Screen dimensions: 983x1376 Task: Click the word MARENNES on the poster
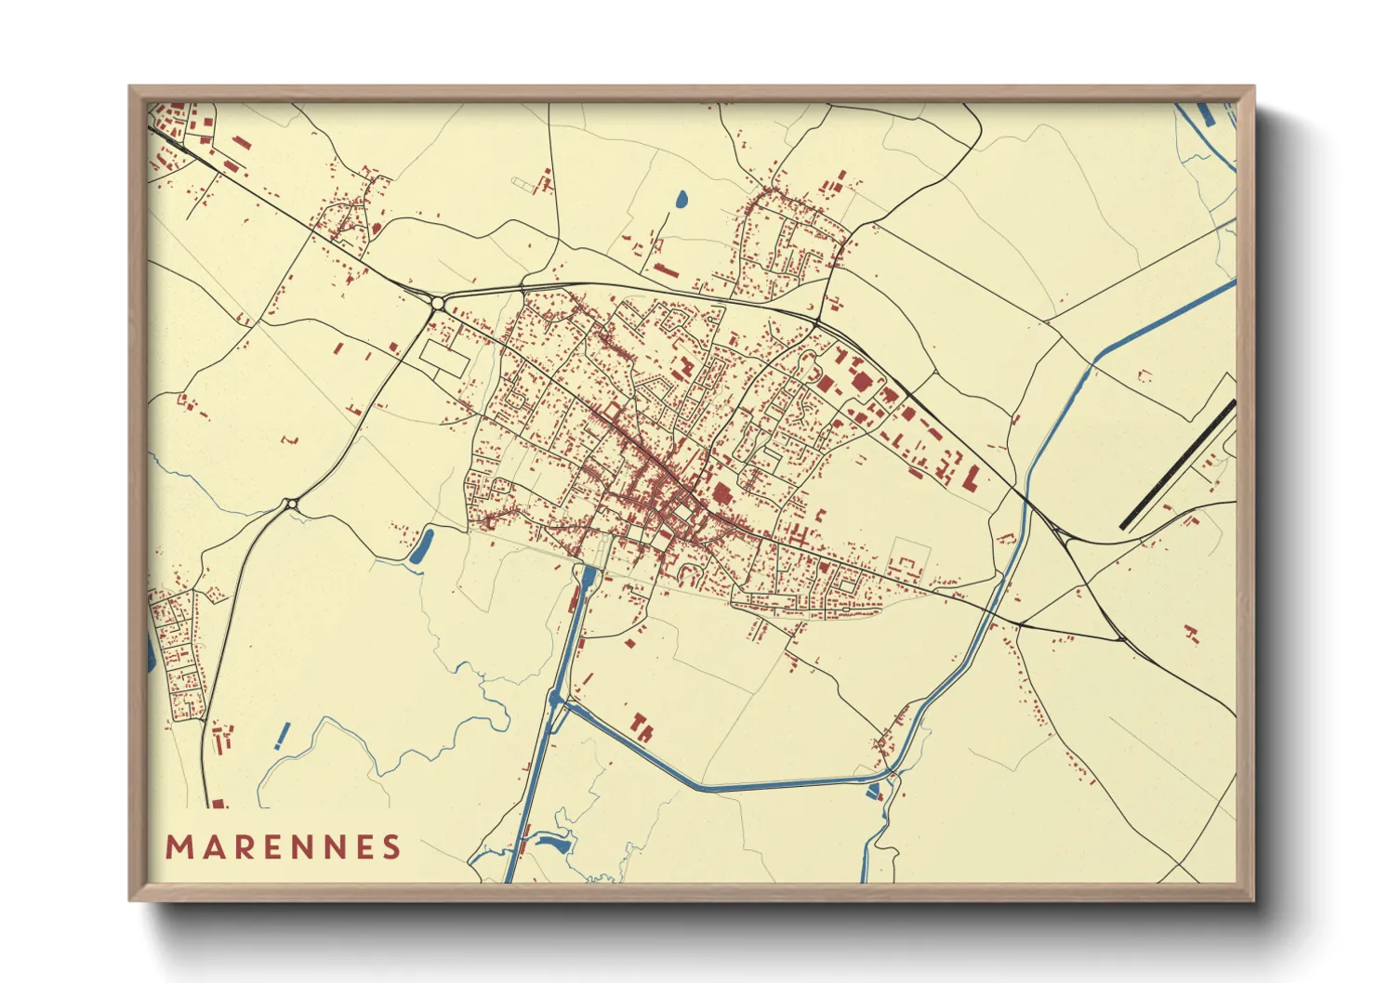click(x=284, y=846)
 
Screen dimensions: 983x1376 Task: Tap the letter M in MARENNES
click(x=178, y=846)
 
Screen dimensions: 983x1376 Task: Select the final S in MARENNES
click(x=391, y=846)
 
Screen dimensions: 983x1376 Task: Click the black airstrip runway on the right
click(x=1177, y=465)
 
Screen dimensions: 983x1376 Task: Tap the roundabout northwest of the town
click(x=437, y=303)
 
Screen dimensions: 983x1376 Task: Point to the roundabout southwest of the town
click(x=292, y=504)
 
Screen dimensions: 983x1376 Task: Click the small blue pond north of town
click(x=681, y=199)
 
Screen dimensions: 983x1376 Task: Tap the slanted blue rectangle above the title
click(x=283, y=736)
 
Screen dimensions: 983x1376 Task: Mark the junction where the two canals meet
click(x=556, y=700)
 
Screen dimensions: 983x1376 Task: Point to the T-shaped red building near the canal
click(x=642, y=726)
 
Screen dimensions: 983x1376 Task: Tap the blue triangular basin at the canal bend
click(x=874, y=791)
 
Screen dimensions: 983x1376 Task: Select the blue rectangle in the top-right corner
click(x=1206, y=114)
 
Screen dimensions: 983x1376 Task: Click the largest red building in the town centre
click(x=721, y=493)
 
